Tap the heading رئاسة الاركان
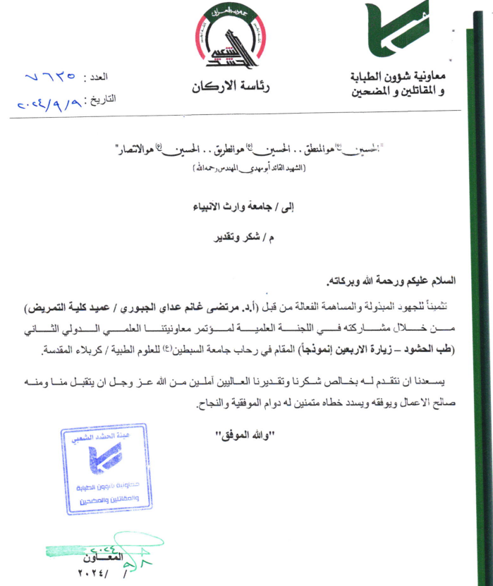[231, 87]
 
